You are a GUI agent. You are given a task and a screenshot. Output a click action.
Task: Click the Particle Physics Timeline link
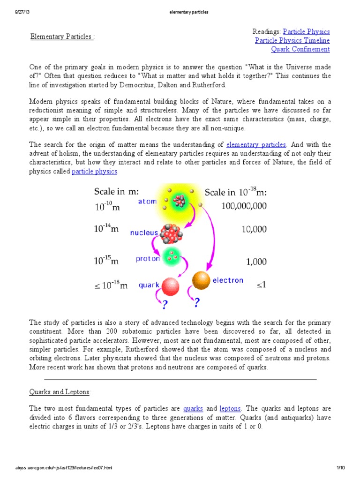[x=292, y=40]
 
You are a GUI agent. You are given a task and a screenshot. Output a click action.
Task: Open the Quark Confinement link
[x=300, y=49]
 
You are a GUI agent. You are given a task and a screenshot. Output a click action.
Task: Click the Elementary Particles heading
[x=61, y=37]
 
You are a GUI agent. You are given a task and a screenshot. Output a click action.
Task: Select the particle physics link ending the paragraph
[x=94, y=172]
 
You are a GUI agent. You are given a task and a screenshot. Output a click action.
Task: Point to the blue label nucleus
[x=143, y=232]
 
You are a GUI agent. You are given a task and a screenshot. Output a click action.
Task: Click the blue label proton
[x=148, y=259]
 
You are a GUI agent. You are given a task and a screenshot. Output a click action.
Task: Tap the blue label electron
[x=228, y=280]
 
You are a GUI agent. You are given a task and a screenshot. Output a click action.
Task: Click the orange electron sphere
[x=202, y=280]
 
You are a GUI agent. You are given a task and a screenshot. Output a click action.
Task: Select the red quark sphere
[x=171, y=286]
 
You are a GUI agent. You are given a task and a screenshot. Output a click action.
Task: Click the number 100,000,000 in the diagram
[x=243, y=206]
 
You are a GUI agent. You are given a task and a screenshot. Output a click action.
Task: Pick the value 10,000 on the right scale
[x=255, y=229]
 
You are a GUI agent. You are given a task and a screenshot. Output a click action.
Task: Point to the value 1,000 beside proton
[x=256, y=262]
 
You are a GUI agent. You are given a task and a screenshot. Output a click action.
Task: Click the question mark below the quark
[x=164, y=305]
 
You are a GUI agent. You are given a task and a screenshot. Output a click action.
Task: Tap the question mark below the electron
[x=197, y=303]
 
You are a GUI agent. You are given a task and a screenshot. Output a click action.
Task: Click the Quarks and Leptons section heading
[x=60, y=391]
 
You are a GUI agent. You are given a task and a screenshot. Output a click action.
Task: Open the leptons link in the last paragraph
[x=230, y=409]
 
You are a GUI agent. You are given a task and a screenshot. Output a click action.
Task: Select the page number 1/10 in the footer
[x=340, y=468]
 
